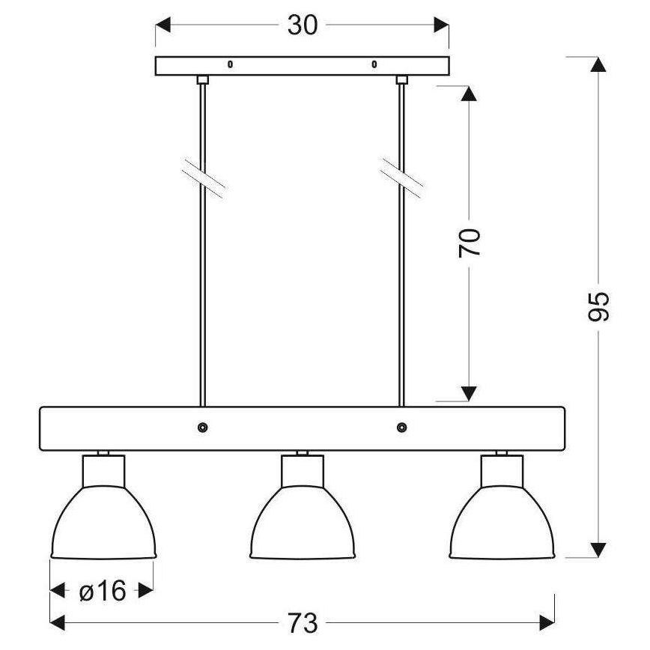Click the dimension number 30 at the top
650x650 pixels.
(303, 25)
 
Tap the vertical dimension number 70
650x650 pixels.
(470, 243)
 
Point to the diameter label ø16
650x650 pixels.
(103, 592)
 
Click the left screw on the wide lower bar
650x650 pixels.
(202, 428)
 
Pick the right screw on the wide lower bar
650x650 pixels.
(402, 428)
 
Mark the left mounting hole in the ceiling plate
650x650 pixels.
(230, 65)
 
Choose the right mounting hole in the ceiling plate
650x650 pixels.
(374, 65)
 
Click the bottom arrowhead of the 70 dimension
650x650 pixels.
(469, 393)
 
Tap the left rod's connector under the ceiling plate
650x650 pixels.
(202, 79)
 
